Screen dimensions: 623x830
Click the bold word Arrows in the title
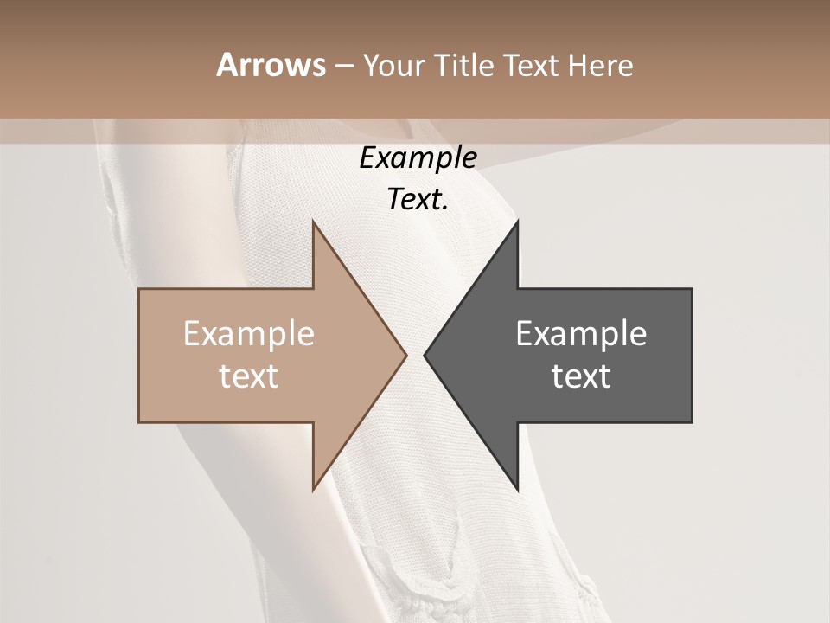[x=271, y=65]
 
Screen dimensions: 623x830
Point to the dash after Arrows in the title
[x=343, y=67]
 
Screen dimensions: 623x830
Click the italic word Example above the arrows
[x=418, y=158]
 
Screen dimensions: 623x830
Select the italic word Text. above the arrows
[x=418, y=200]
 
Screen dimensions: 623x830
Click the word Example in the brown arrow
[x=249, y=334]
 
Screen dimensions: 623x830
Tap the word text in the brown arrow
[x=249, y=376]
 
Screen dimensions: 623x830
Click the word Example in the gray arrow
[x=581, y=334]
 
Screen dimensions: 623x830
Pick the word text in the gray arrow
[x=581, y=376]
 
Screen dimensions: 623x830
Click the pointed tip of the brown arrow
[x=406, y=355]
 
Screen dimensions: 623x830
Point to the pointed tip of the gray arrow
[x=425, y=355]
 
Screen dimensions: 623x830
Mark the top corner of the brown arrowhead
[x=313, y=222]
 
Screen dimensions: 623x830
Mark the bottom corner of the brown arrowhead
[x=313, y=490]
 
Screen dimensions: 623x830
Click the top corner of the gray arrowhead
[x=518, y=222]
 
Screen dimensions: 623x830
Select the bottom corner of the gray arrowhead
[x=518, y=490]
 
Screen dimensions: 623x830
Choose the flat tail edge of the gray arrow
[x=692, y=355]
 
